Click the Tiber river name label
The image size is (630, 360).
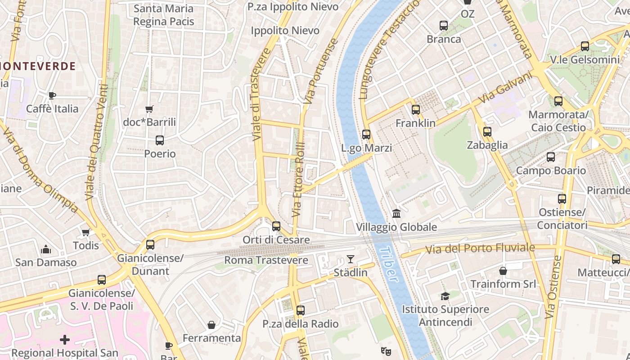point(388,264)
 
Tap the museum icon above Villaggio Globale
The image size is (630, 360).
point(396,213)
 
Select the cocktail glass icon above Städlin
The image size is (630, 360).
point(351,259)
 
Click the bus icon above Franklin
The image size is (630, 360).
point(415,109)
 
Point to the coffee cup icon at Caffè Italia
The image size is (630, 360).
point(52,95)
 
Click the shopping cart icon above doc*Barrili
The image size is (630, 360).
point(149,108)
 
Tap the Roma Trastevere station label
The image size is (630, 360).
point(266,260)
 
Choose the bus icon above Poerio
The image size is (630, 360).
point(160,140)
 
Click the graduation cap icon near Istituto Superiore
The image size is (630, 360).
point(445,296)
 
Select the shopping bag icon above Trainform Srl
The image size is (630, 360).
point(503,270)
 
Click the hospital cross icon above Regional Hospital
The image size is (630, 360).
point(65,339)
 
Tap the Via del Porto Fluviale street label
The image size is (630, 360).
point(480,248)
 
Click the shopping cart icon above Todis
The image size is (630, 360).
point(85,232)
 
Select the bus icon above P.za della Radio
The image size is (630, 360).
point(301,310)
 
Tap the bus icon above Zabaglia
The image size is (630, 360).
point(487,132)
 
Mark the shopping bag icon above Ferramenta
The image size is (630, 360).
point(211,324)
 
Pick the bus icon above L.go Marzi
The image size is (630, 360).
point(366,134)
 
